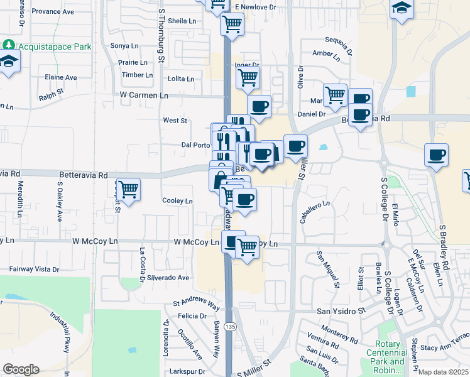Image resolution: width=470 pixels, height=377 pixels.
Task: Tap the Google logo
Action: [x=21, y=369]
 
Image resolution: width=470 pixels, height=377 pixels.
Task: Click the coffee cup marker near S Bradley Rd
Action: [x=436, y=155]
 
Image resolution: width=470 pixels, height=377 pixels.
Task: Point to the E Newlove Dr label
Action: [x=256, y=7]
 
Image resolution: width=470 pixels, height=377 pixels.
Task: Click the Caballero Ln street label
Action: [x=314, y=213]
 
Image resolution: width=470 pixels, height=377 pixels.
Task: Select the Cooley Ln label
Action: [x=177, y=201]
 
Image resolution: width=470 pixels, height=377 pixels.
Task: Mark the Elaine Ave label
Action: [x=61, y=77]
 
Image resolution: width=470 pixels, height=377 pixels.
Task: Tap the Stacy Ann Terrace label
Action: [x=445, y=346]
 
